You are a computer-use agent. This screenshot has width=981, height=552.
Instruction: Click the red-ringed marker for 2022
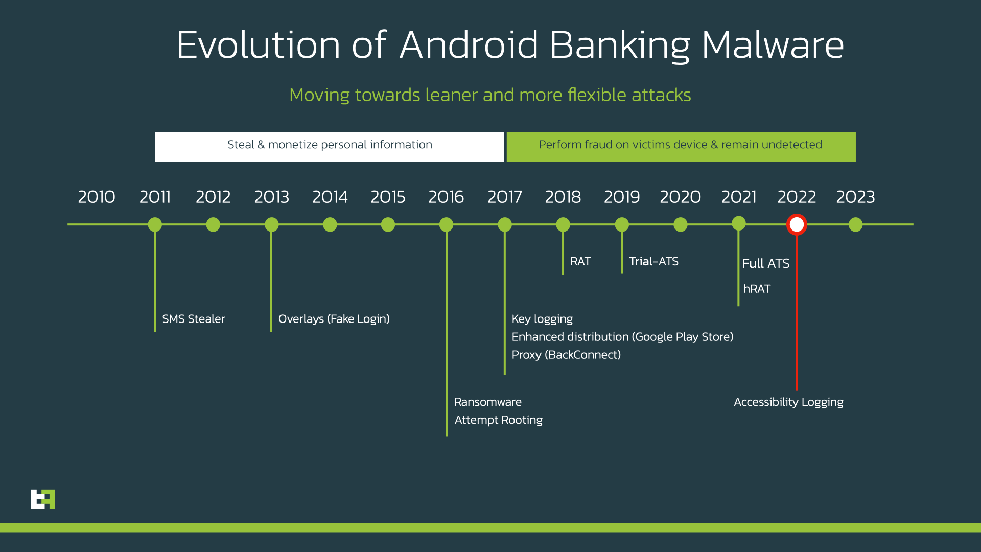797,224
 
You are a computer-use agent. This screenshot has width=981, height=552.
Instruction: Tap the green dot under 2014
330,224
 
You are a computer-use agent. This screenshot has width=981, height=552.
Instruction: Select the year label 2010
97,197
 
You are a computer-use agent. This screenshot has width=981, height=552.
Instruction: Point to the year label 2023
855,197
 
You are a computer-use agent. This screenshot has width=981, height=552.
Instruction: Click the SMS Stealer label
193,319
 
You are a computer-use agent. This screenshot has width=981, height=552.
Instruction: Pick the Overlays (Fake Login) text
334,319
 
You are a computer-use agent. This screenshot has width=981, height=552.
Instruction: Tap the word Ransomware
488,402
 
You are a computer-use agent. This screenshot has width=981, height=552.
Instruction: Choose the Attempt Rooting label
498,420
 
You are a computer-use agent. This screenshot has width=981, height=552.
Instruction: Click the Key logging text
542,319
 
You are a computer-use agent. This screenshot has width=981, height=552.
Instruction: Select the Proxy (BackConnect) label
566,355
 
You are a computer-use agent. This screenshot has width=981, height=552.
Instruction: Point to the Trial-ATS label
653,262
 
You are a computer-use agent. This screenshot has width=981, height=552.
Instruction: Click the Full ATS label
765,263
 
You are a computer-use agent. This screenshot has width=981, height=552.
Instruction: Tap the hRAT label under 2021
757,289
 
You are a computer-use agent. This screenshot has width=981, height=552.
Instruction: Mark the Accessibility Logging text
788,402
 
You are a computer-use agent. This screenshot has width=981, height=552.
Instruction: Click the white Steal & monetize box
329,147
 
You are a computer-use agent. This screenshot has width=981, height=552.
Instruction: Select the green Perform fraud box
681,147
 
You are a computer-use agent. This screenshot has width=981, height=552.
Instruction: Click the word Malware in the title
773,45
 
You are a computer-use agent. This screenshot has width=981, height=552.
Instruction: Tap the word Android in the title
469,45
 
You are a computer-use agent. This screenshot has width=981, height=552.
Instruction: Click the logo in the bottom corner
43,499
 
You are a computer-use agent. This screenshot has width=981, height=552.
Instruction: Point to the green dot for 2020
681,224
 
